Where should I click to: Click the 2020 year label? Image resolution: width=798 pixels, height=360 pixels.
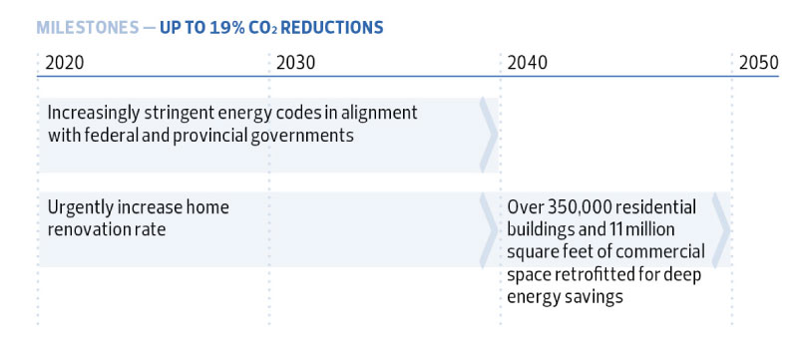[x=66, y=62]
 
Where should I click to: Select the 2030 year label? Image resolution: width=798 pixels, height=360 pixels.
[x=295, y=62]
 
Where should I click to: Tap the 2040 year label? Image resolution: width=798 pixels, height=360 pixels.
[x=527, y=62]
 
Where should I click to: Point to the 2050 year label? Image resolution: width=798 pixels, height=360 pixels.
[x=758, y=62]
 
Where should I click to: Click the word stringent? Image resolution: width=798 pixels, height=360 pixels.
[x=182, y=113]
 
